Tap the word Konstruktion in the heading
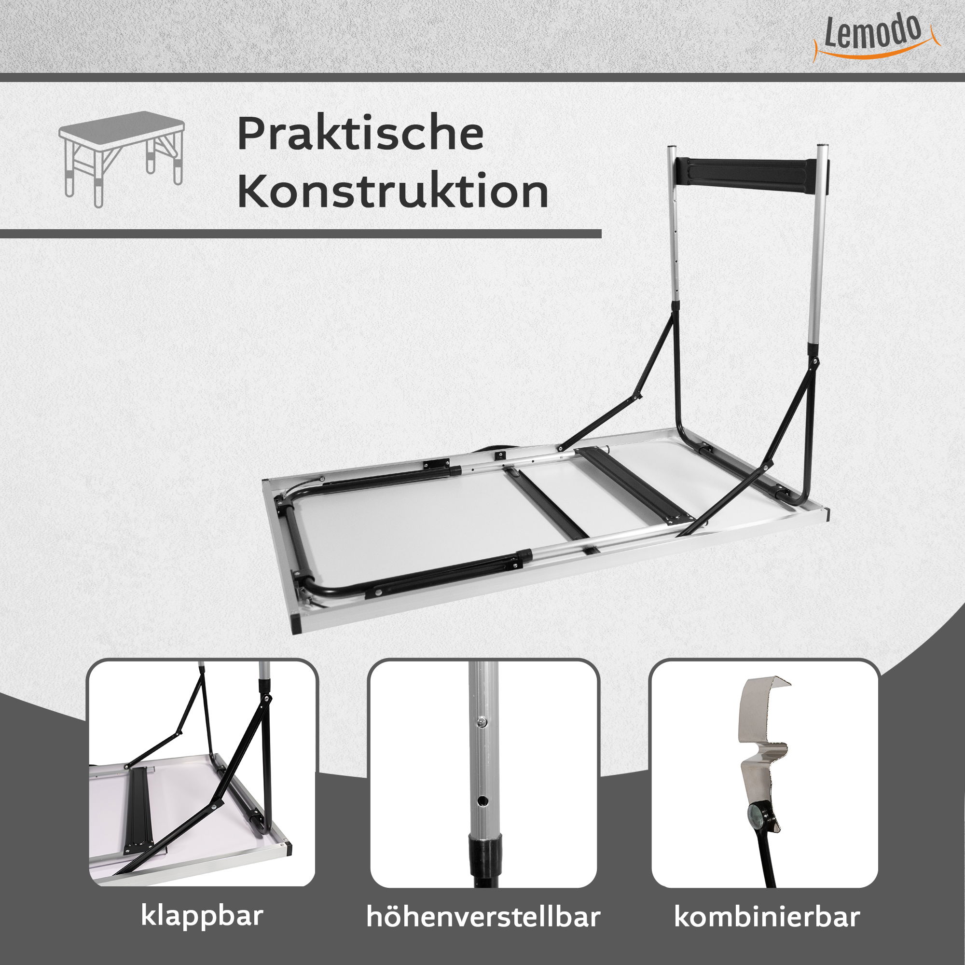coord(393,191)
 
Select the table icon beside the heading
coord(122,159)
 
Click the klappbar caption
coord(202,916)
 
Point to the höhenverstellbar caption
coord(483,917)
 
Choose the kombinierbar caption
coord(767,917)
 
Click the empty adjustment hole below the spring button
coord(482,800)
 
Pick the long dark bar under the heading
coord(300,234)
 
